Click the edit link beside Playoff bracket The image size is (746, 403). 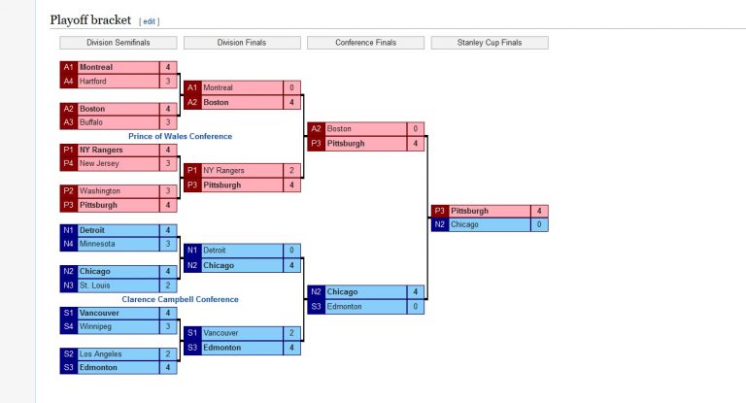coord(150,20)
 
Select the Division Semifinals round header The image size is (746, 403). coord(119,43)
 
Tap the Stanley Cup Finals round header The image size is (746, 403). coord(490,43)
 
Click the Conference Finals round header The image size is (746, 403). coord(366,43)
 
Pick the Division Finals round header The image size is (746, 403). coord(242,43)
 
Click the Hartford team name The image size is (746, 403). coord(93,82)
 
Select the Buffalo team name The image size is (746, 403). coord(92,122)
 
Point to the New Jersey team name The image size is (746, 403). coord(98,164)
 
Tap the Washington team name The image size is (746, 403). coord(100,191)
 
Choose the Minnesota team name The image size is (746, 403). coord(97,244)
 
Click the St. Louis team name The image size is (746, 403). coord(94,285)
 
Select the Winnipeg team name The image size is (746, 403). coord(95,327)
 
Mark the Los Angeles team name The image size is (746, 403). coord(101,354)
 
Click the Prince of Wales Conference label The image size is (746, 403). coord(180,137)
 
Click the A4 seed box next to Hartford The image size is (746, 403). coord(68,82)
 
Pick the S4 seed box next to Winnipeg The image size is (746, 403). coord(68,327)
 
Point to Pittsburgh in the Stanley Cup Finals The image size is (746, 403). coord(469,211)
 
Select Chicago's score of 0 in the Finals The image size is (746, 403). coord(539,224)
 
